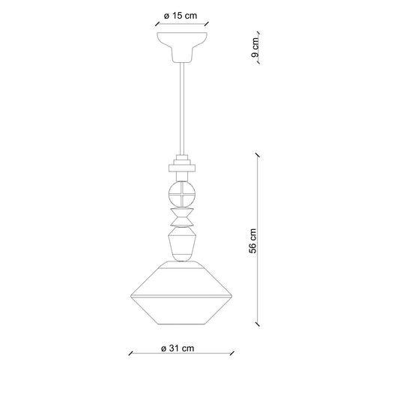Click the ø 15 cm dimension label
point(181,16)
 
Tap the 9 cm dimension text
point(255,47)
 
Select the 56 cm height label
point(252,240)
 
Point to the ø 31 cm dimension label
point(178,348)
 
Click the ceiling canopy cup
point(182,47)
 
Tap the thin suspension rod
point(182,109)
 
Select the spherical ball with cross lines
point(182,194)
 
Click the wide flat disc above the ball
point(182,168)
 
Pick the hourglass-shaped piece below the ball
point(182,217)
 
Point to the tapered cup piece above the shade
point(182,244)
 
